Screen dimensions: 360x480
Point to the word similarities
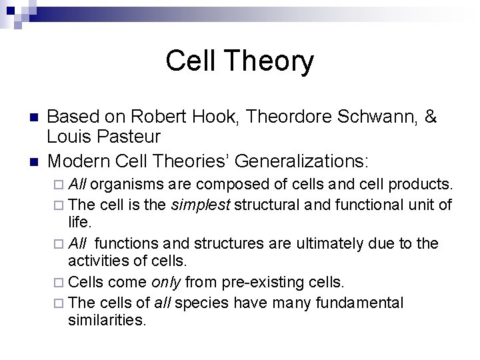106,321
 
